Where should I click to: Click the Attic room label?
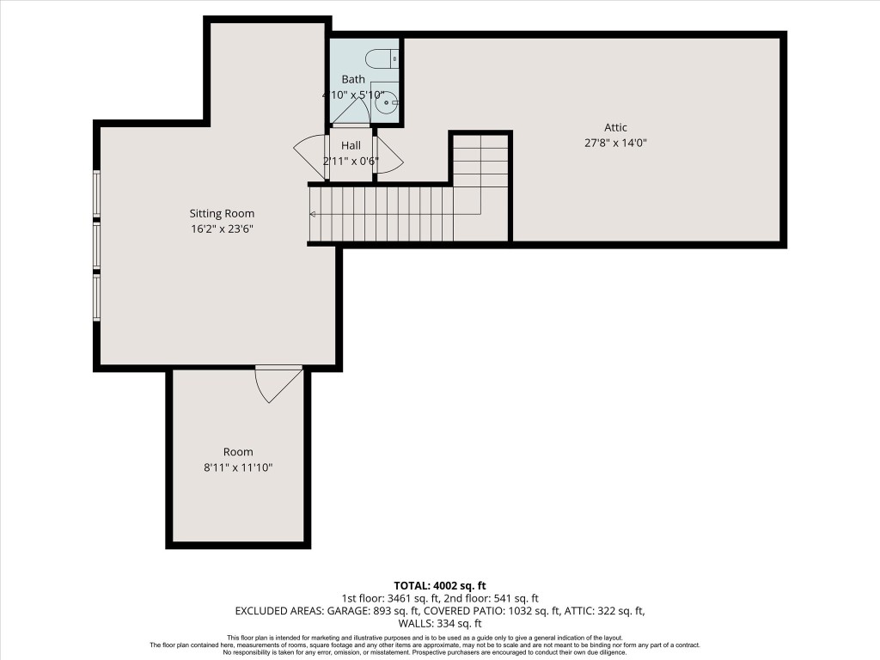pos(614,127)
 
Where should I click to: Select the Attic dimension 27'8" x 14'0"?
pos(614,144)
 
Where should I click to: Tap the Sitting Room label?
pos(222,213)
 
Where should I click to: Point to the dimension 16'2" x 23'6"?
pos(222,229)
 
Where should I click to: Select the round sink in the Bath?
pos(386,102)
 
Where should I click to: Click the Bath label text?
pos(352,79)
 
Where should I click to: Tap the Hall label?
pos(351,145)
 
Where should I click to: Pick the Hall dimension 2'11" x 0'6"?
pos(351,162)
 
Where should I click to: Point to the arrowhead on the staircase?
pos(313,214)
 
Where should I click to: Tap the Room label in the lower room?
pos(238,452)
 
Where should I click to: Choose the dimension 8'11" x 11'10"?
pos(238,468)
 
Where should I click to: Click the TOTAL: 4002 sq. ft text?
pos(439,585)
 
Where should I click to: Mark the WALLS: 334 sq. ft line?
pos(439,624)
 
